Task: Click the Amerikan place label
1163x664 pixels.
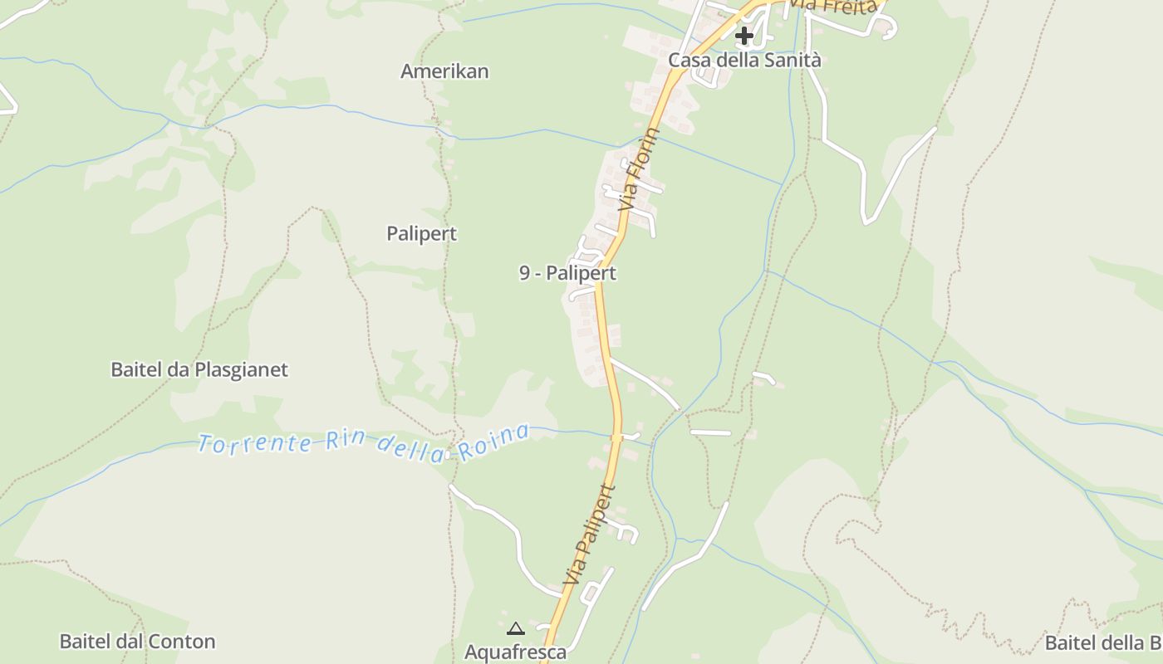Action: (x=444, y=71)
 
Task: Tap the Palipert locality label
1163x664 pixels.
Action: (x=421, y=234)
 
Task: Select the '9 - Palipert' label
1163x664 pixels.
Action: (x=567, y=273)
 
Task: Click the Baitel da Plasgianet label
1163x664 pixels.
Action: (x=199, y=369)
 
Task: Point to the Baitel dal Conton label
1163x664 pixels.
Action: (x=137, y=642)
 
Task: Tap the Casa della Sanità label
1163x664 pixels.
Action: (x=744, y=60)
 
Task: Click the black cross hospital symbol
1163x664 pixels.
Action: (x=744, y=36)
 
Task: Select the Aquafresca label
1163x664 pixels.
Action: (x=515, y=652)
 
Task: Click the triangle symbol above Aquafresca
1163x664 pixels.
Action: (x=515, y=628)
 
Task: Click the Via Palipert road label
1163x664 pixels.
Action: (x=587, y=535)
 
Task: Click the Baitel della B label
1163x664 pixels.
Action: (x=1103, y=642)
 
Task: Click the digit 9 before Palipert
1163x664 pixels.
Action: (x=525, y=273)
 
